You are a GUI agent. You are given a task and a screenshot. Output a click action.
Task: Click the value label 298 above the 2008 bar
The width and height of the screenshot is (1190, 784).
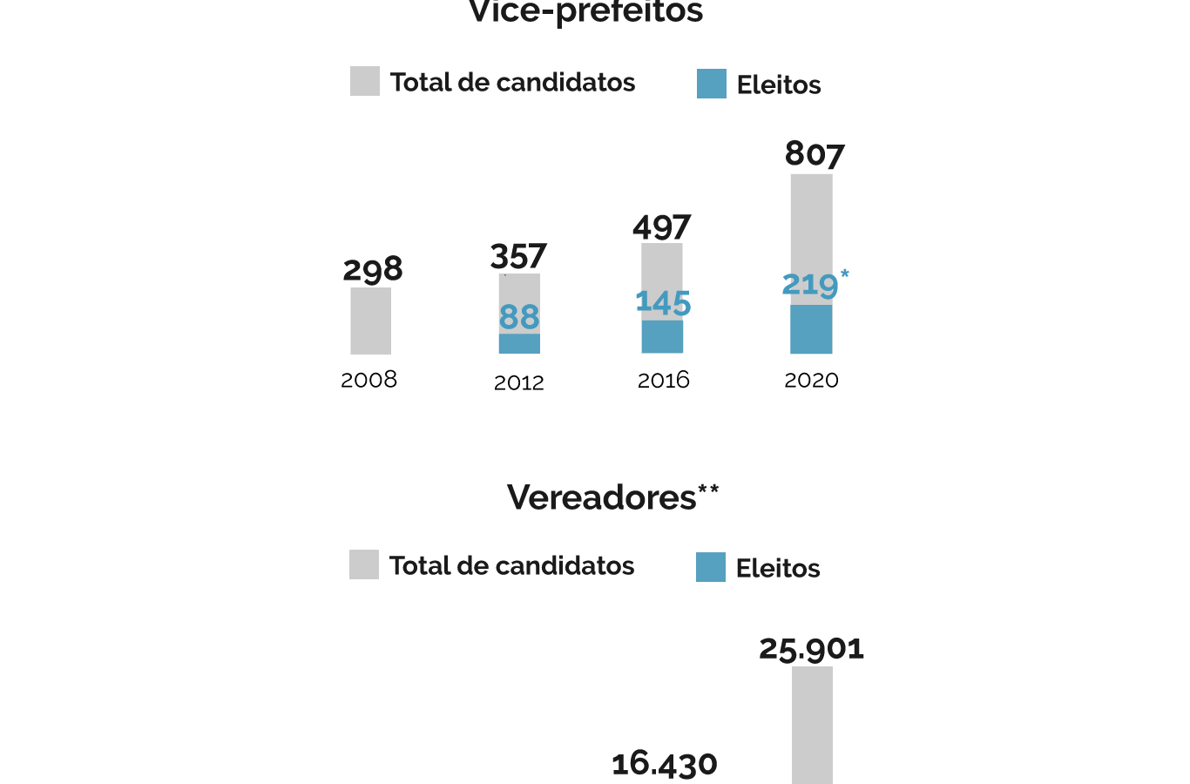point(373,269)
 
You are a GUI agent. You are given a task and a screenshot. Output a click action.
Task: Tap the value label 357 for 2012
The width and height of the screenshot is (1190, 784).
point(518,257)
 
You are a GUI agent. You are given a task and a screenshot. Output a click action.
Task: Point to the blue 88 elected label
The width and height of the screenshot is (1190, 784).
point(519,317)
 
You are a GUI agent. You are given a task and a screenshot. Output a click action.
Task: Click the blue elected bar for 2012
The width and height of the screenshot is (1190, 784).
point(519,343)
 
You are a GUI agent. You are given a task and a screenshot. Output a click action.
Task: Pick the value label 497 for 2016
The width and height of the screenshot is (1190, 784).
point(662,227)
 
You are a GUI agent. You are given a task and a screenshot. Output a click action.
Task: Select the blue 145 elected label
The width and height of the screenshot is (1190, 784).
point(663,302)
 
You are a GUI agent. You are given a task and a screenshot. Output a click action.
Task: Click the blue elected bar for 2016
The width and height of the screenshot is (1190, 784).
point(662,336)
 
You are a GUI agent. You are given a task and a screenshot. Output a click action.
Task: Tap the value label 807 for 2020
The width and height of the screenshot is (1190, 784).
point(815,154)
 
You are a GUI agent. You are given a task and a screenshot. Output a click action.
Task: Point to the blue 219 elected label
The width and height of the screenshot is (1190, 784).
point(810,285)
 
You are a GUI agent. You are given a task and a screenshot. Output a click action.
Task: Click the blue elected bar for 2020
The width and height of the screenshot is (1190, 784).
point(811,329)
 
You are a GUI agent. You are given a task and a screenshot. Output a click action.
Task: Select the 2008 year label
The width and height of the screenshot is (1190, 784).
point(368,380)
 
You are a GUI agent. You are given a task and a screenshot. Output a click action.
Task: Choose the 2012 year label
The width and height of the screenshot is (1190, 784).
point(518,382)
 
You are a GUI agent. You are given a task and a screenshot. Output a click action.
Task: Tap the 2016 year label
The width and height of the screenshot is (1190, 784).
point(663,380)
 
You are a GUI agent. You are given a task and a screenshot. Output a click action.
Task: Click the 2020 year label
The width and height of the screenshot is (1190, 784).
point(811,380)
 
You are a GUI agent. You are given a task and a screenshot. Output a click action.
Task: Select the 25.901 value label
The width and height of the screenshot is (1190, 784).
point(811,649)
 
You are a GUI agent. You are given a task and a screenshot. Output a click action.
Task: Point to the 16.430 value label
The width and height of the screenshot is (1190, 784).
point(665,764)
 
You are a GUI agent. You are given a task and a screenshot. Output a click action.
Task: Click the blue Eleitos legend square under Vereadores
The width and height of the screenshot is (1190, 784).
point(711,567)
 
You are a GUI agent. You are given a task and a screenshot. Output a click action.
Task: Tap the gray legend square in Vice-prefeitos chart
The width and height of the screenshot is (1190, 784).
point(365,81)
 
